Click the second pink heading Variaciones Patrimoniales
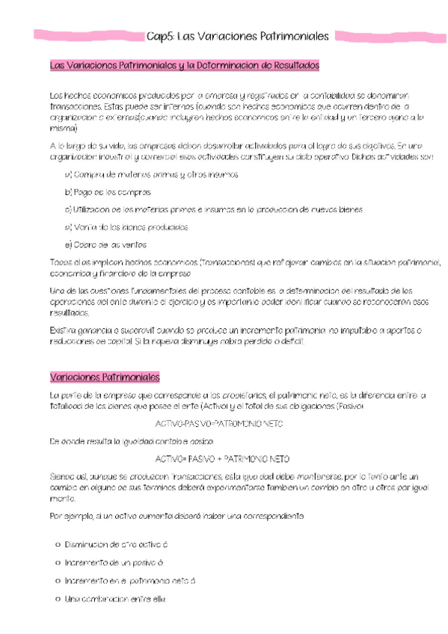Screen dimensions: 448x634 coord(99,376)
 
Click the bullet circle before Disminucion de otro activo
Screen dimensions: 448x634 coord(58,544)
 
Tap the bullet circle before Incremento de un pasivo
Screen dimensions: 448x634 coord(58,562)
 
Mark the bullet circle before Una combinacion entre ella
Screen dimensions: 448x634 coord(58,598)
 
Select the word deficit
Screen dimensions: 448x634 coord(292,341)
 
